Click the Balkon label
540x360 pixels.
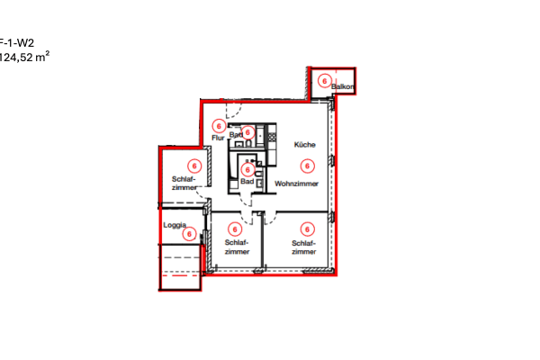[344, 87]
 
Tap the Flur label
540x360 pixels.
[217, 138]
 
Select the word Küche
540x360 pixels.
[302, 145]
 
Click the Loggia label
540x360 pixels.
[174, 224]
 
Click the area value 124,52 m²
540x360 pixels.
[24, 56]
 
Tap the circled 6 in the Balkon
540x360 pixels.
[324, 80]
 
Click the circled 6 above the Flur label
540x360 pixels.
[219, 126]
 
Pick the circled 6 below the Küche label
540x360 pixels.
[307, 166]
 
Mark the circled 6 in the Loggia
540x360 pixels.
[189, 234]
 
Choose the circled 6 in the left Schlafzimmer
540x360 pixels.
[193, 166]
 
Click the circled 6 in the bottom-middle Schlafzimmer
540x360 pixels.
[236, 229]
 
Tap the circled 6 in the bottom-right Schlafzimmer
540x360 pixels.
[307, 229]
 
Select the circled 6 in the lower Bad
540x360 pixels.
[247, 169]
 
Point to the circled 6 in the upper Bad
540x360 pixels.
[247, 132]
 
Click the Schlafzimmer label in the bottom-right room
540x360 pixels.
[304, 247]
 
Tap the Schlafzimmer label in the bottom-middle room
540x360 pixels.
[237, 247]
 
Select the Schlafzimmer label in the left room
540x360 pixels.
[184, 183]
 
